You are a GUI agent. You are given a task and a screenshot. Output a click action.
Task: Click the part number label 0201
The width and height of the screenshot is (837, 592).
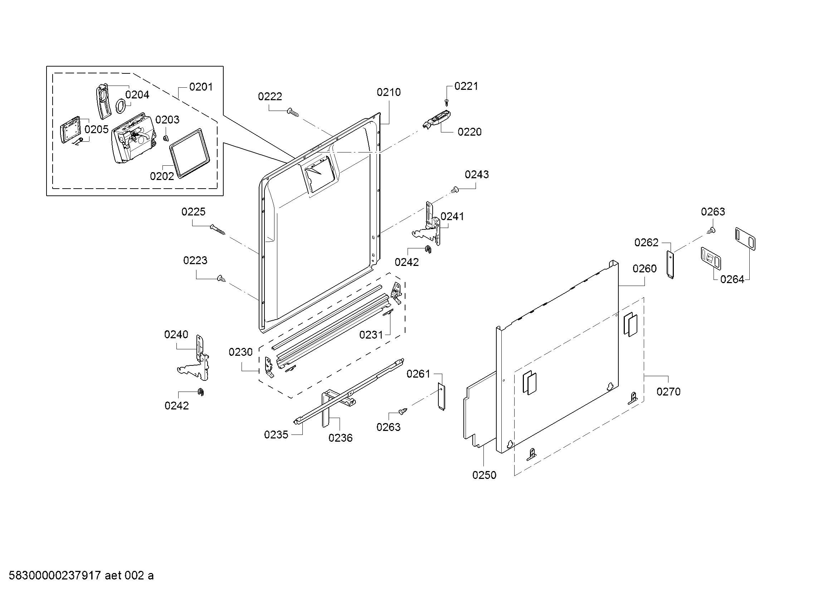click(x=201, y=87)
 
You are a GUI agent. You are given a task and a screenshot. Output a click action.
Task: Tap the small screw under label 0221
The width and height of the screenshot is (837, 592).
click(x=447, y=100)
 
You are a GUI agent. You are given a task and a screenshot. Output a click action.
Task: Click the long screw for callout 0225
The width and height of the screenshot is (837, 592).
click(x=217, y=229)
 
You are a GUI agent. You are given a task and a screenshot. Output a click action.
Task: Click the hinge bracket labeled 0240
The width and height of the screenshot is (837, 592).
click(x=195, y=359)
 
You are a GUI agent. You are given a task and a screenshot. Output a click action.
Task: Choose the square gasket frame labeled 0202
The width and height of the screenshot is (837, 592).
click(x=190, y=153)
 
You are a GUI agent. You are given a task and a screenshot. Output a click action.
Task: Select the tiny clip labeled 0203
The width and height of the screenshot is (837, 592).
click(x=166, y=137)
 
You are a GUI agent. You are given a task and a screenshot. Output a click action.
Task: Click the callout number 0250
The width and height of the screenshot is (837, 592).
click(x=484, y=475)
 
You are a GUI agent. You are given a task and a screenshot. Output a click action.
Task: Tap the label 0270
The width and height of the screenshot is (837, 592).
click(x=668, y=392)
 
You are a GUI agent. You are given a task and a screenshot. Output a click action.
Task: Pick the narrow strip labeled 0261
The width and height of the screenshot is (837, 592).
click(x=441, y=397)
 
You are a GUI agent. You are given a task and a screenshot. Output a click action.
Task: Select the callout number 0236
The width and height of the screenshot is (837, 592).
click(x=340, y=438)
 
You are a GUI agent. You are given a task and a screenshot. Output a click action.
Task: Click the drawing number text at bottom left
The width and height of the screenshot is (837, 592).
click(x=81, y=575)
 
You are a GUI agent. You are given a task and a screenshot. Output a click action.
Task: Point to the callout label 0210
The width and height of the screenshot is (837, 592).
click(x=389, y=92)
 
